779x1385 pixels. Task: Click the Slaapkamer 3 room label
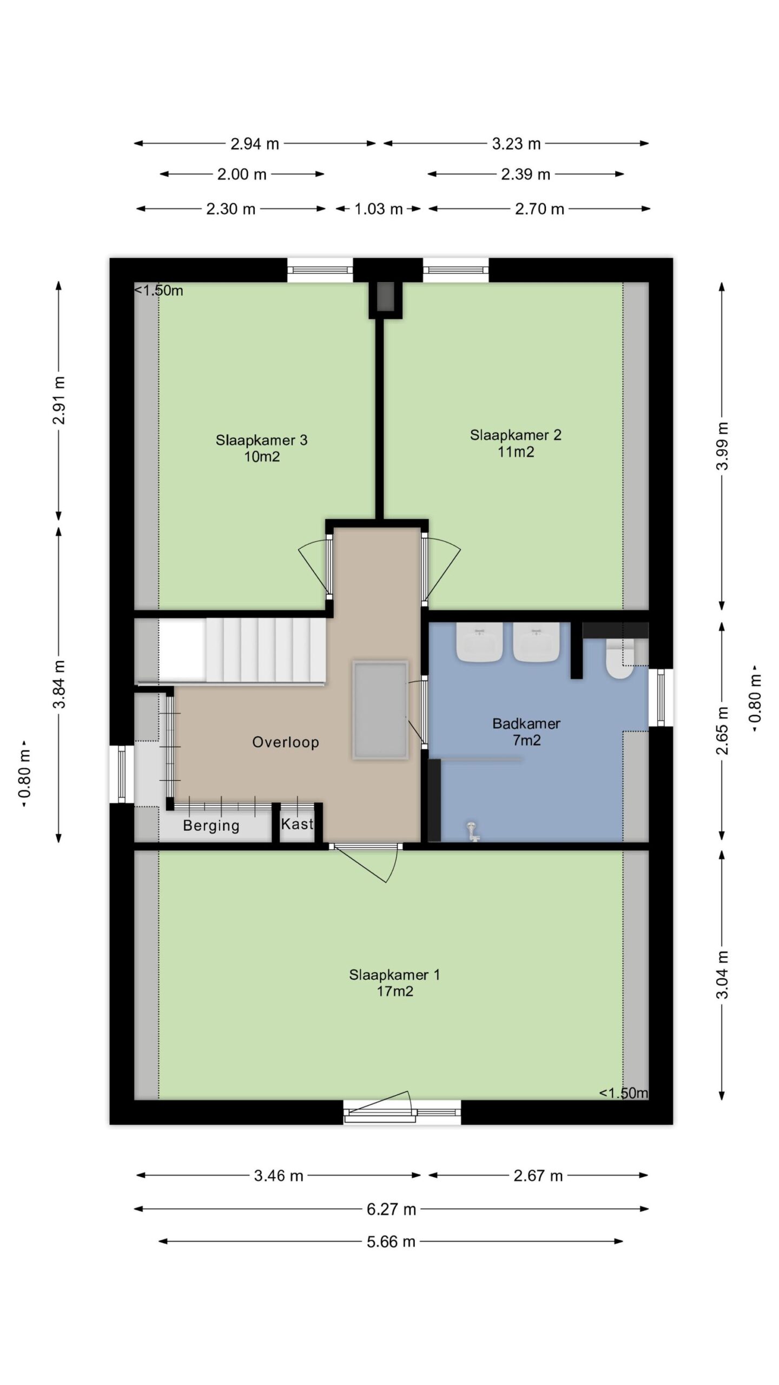pos(261,448)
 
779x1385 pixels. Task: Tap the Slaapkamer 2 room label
pos(516,443)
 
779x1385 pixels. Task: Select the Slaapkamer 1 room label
pos(394,982)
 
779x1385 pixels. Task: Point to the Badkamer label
pos(526,731)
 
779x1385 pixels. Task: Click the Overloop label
pos(286,742)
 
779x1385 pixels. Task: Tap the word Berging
pos(211,826)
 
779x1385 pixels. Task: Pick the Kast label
pos(297,824)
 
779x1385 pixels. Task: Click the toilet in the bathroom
pos(619,658)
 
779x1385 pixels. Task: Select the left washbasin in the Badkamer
pos(479,642)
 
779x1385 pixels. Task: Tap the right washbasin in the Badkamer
pos(537,642)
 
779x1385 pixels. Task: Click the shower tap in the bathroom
pos(473,832)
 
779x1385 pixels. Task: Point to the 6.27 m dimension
pos(391,1209)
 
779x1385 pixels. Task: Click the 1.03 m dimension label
pos(379,209)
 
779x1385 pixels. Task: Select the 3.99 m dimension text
pos(723,446)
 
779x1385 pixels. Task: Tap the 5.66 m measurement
pos(391,1241)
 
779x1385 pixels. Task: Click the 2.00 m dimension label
pos(242,174)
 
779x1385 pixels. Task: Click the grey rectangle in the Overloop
pos(380,710)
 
